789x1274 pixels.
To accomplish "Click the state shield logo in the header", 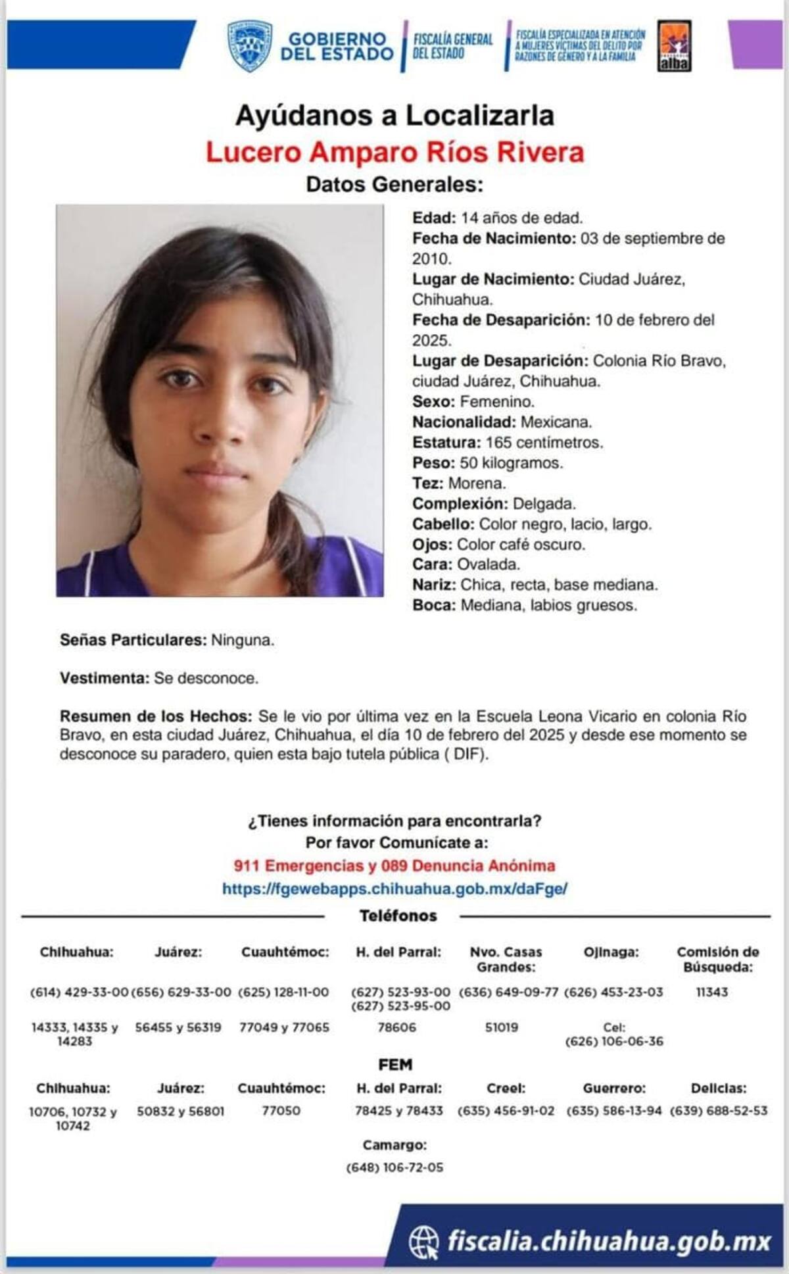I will click(250, 45).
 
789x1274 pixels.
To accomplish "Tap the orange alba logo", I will click(674, 46).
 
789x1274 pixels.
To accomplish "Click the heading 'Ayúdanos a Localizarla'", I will click(394, 116).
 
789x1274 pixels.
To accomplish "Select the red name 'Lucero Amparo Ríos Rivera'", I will click(394, 152).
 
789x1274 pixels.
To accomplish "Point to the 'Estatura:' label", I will click(446, 443).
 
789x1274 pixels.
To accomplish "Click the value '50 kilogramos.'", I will click(511, 463).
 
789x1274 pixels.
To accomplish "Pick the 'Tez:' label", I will click(427, 483).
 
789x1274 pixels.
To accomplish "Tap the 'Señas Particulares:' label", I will click(133, 640).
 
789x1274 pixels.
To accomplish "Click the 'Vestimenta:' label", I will click(105, 678).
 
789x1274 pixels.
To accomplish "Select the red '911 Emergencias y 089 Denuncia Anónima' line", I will click(394, 866).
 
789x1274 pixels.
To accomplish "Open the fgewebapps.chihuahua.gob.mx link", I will click(394, 889).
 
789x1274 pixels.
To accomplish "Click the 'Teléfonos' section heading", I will click(398, 916).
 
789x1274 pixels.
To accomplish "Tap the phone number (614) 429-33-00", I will click(79, 992).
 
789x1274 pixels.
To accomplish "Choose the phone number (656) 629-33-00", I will click(181, 992).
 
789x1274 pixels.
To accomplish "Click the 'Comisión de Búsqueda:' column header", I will click(718, 959).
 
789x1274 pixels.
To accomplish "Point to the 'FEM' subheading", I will click(395, 1064).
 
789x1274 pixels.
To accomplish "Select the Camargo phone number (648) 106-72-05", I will click(394, 1167).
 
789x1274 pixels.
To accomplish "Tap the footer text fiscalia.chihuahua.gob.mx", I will click(608, 1242).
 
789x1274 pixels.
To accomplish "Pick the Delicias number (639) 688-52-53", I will click(719, 1111).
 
